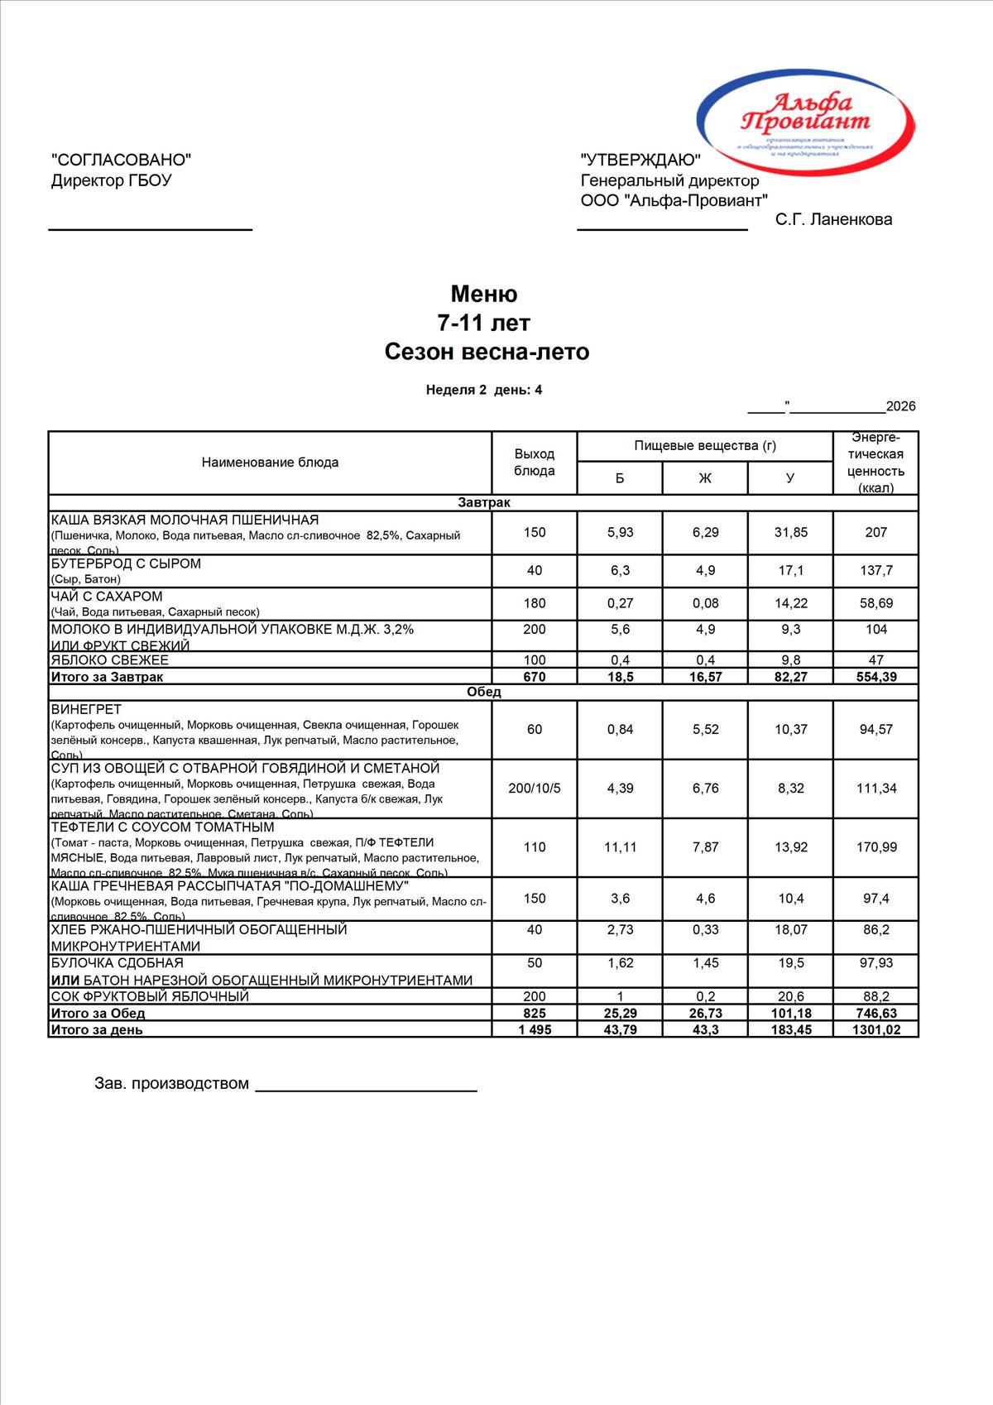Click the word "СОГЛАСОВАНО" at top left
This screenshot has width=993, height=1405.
click(121, 160)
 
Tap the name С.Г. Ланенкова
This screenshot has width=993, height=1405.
click(833, 219)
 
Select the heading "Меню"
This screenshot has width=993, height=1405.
click(484, 294)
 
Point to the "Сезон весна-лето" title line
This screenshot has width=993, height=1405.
click(487, 352)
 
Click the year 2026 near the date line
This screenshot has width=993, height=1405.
click(900, 406)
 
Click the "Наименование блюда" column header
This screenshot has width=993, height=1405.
click(270, 463)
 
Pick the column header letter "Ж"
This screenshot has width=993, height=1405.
click(705, 478)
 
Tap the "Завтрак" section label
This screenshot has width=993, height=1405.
click(484, 503)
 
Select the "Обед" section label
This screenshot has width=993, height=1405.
click(484, 693)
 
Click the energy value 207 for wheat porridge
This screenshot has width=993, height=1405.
click(875, 532)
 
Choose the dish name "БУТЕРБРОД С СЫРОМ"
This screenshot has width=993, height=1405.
click(126, 563)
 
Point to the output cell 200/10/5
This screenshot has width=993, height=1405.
click(534, 789)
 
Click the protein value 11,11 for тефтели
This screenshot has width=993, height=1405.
click(620, 847)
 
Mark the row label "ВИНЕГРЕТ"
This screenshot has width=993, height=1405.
click(86, 709)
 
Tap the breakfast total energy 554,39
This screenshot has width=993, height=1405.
click(875, 677)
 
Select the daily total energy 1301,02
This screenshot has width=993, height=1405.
click(875, 1030)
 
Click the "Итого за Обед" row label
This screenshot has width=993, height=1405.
click(98, 1014)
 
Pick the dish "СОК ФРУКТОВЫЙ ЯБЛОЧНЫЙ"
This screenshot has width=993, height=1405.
click(150, 997)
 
